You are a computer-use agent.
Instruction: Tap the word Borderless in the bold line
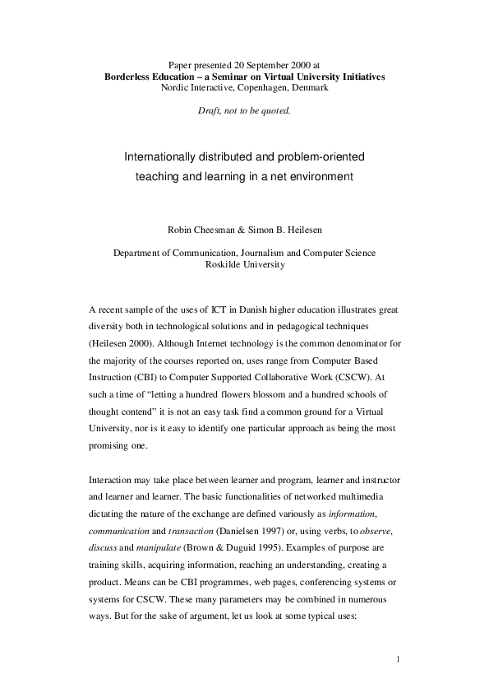pyautogui.click(x=130, y=76)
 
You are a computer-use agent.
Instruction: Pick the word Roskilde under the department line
pyautogui.click(x=225, y=266)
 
